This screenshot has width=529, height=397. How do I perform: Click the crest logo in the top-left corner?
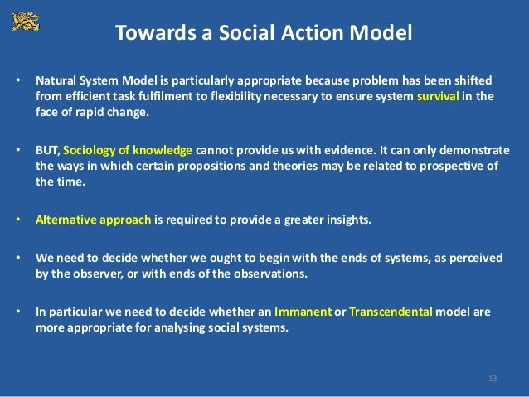click(25, 21)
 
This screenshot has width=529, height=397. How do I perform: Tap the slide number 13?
click(493, 379)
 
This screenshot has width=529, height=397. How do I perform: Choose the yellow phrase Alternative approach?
click(93, 220)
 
